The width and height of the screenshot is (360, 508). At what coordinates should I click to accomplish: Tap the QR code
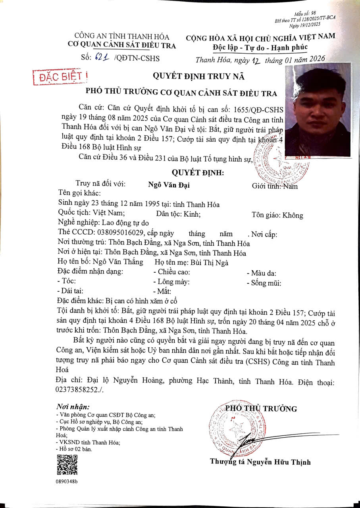67,465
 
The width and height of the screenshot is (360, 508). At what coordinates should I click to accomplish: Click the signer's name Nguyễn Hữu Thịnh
277,462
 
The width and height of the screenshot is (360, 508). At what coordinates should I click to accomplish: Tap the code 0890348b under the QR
67,481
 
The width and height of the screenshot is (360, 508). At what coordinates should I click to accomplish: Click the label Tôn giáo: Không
277,216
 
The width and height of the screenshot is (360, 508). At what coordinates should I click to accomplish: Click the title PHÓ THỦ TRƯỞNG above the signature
261,409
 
